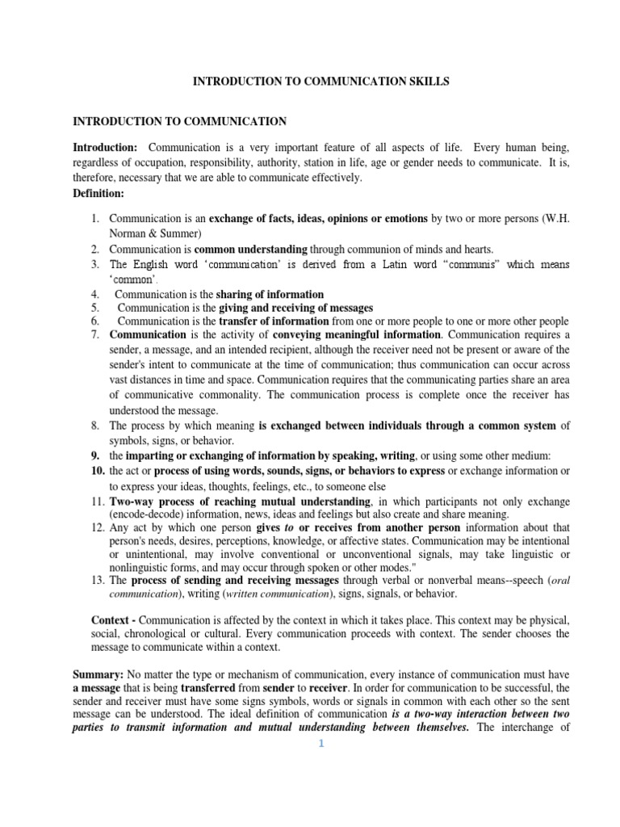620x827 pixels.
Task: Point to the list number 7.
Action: click(95, 334)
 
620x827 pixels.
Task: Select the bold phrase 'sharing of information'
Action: click(272, 295)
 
